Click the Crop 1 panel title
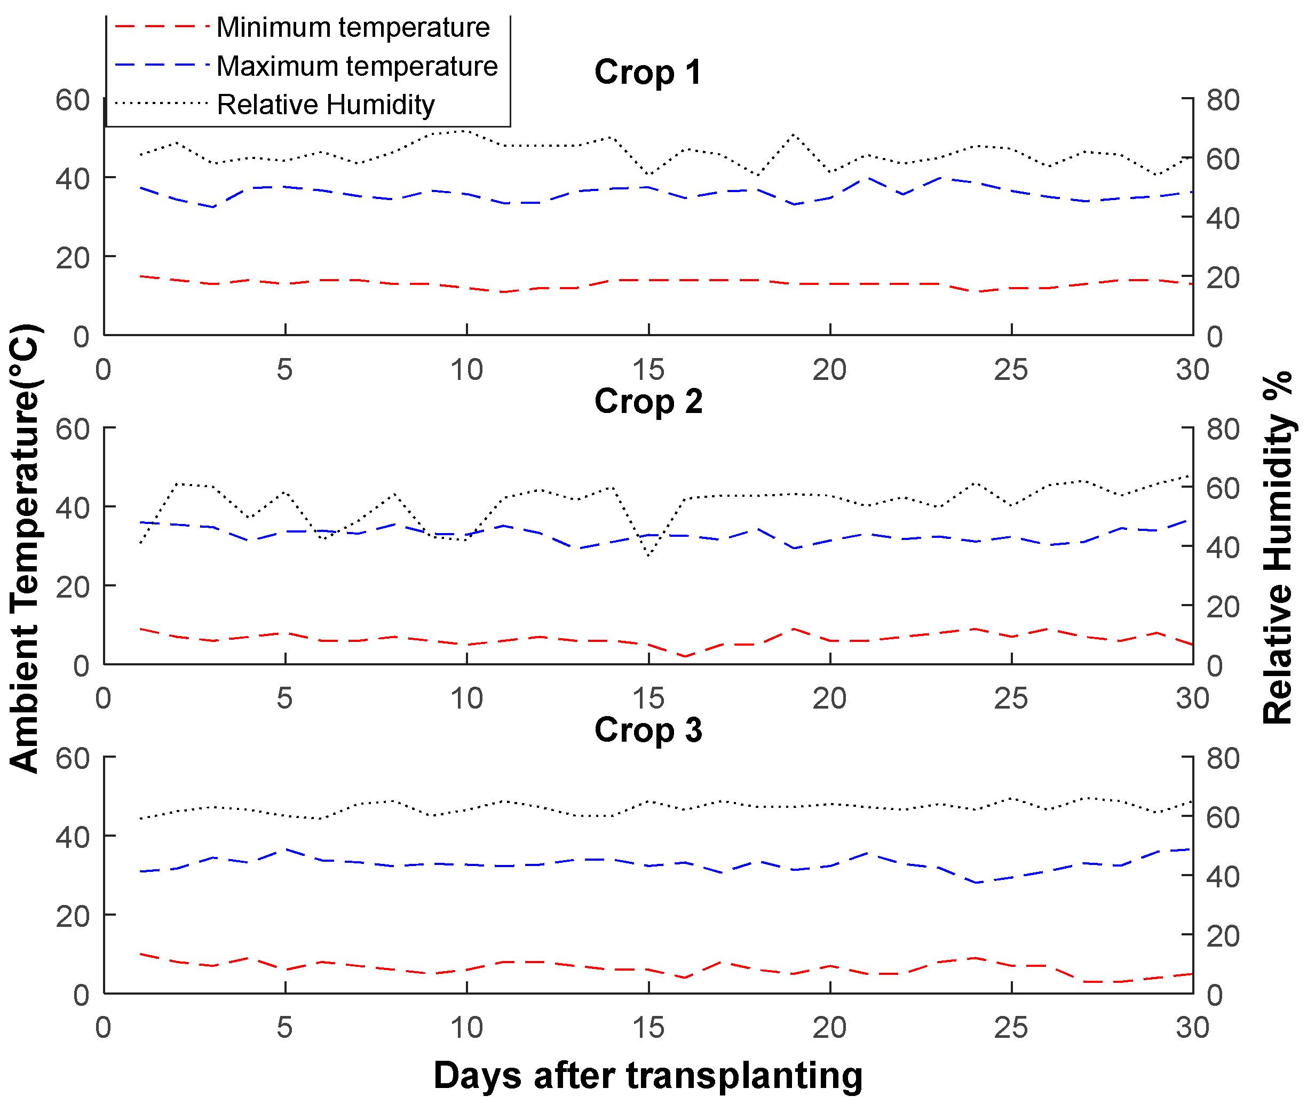click(x=647, y=72)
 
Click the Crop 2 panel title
click(x=647, y=401)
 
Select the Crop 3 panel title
click(x=647, y=730)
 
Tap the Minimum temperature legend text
click(x=352, y=28)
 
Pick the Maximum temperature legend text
click(x=357, y=66)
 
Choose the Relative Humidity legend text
click(x=326, y=105)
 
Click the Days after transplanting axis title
click(x=647, y=1075)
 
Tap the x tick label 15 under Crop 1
click(x=648, y=370)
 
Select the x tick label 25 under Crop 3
click(x=1010, y=1027)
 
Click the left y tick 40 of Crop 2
click(x=73, y=507)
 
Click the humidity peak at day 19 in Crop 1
click(x=793, y=134)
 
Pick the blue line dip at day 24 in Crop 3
click(x=975, y=883)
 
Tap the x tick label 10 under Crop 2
click(x=466, y=698)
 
